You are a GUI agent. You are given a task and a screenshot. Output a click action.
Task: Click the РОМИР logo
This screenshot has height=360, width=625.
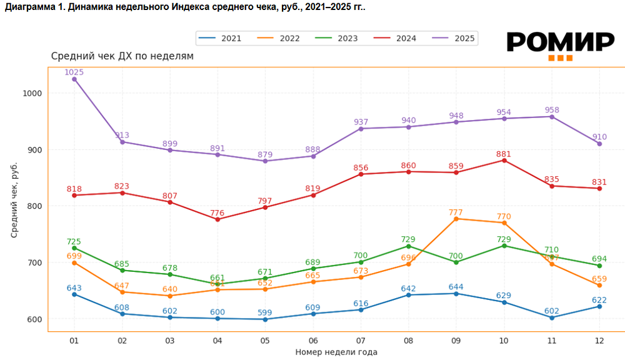pyautogui.click(x=560, y=44)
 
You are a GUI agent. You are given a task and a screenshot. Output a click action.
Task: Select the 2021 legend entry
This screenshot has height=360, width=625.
pyautogui.click(x=222, y=38)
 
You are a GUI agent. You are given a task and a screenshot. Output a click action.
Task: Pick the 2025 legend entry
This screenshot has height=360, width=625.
pyautogui.click(x=455, y=38)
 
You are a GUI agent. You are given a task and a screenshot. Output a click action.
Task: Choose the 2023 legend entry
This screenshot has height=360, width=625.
pyautogui.click(x=338, y=38)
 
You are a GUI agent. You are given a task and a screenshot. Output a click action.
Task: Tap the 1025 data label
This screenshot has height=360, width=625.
pyautogui.click(x=74, y=72)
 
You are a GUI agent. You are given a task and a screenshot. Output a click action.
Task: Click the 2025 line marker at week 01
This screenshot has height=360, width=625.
pyautogui.click(x=74, y=79)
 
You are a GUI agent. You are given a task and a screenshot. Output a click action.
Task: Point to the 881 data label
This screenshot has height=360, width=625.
pyautogui.click(x=504, y=153)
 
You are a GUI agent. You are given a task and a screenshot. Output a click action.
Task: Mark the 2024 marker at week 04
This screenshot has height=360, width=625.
pyautogui.click(x=217, y=219)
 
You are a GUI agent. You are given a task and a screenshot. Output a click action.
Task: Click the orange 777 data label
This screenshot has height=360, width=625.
pyautogui.click(x=456, y=212)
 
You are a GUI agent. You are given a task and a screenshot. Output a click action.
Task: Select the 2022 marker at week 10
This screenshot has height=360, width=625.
pyautogui.click(x=504, y=223)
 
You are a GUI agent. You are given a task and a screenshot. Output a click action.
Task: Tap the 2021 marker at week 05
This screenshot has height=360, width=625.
pyautogui.click(x=265, y=319)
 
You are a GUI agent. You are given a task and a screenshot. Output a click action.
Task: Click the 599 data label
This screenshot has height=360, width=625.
pyautogui.click(x=265, y=312)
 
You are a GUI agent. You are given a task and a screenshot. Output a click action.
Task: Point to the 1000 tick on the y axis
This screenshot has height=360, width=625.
pyautogui.click(x=32, y=93)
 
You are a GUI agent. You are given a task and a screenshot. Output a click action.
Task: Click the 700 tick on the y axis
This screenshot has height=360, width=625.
pyautogui.click(x=34, y=262)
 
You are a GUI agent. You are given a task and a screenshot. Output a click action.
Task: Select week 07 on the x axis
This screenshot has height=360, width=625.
pyautogui.click(x=361, y=340)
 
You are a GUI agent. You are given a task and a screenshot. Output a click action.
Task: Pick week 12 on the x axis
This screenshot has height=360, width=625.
pyautogui.click(x=599, y=340)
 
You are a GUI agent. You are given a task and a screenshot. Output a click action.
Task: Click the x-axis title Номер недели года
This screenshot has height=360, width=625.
pyautogui.click(x=336, y=352)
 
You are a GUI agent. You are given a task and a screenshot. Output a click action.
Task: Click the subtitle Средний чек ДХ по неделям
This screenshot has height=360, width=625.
pyautogui.click(x=122, y=56)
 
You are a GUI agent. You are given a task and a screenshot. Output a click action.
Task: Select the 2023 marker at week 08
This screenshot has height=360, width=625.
pyautogui.click(x=408, y=246)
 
